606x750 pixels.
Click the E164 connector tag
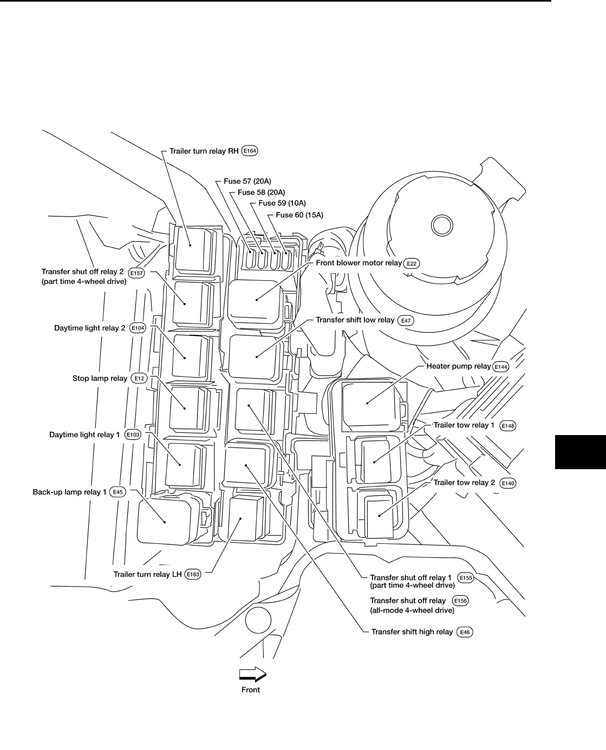[x=250, y=151]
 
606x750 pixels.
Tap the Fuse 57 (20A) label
[x=247, y=181]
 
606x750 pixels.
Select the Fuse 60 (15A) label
[x=299, y=215]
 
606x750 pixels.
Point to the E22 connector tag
[x=412, y=263]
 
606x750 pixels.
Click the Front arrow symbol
[x=253, y=674]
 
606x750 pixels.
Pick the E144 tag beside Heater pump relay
[x=500, y=367]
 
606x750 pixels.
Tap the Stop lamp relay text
[x=100, y=378]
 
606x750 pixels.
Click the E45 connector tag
[x=118, y=492]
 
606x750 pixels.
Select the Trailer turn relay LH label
[x=147, y=574]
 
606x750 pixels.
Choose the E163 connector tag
[x=193, y=574]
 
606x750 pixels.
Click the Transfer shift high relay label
[x=412, y=631]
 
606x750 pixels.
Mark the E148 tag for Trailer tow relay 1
[x=508, y=426]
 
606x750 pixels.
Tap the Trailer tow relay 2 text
[x=464, y=483]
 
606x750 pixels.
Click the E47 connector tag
[x=406, y=320]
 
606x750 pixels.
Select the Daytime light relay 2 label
[x=90, y=328]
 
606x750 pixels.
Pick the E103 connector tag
[x=132, y=435]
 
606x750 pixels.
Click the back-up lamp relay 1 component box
[x=165, y=521]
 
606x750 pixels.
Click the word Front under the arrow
[x=251, y=690]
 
